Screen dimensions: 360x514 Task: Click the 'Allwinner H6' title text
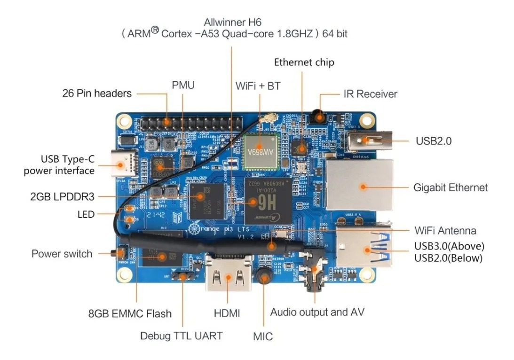(x=232, y=22)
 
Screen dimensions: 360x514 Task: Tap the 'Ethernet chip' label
(x=304, y=62)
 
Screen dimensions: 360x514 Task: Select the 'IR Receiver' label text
(x=370, y=94)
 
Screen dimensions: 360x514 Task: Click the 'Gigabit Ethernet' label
(x=451, y=188)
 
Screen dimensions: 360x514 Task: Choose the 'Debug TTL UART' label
(x=181, y=336)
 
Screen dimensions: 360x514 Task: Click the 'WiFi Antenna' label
(x=445, y=230)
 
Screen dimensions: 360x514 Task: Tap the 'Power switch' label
(x=62, y=254)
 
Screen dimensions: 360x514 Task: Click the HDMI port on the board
(x=228, y=277)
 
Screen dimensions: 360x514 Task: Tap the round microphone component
(x=264, y=278)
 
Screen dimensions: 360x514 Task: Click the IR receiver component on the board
(x=320, y=114)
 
